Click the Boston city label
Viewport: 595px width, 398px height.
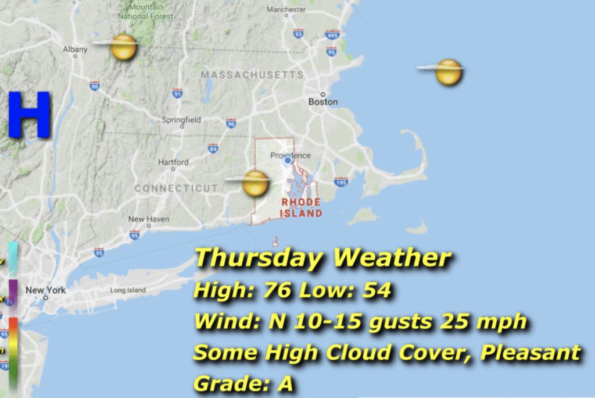(x=323, y=102)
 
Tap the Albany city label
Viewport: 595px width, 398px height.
(x=75, y=49)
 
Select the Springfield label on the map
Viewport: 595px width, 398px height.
(x=181, y=120)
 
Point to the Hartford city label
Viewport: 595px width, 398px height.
(x=173, y=162)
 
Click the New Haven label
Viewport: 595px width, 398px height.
(x=145, y=219)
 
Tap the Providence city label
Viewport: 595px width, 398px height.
(x=291, y=155)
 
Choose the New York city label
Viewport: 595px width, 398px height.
(x=45, y=290)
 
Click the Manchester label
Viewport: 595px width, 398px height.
(x=286, y=10)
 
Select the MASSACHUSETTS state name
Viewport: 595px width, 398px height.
(x=252, y=75)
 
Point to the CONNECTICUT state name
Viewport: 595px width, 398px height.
(x=176, y=189)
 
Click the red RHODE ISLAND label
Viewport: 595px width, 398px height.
(x=301, y=208)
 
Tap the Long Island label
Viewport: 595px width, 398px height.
(x=126, y=290)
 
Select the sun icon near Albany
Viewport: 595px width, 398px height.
(x=123, y=47)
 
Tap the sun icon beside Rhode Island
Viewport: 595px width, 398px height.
(x=255, y=183)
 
